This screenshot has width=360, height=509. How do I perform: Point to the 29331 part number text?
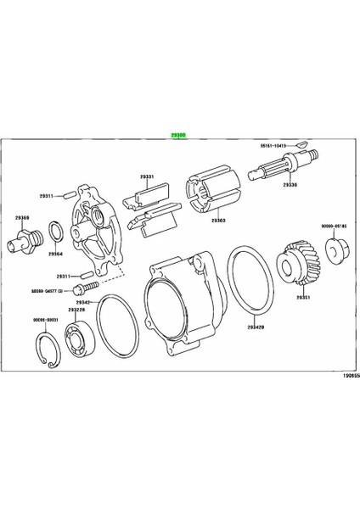point(147,176)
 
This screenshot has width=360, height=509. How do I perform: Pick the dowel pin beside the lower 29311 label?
point(86,277)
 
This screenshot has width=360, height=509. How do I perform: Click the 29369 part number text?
point(20,218)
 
